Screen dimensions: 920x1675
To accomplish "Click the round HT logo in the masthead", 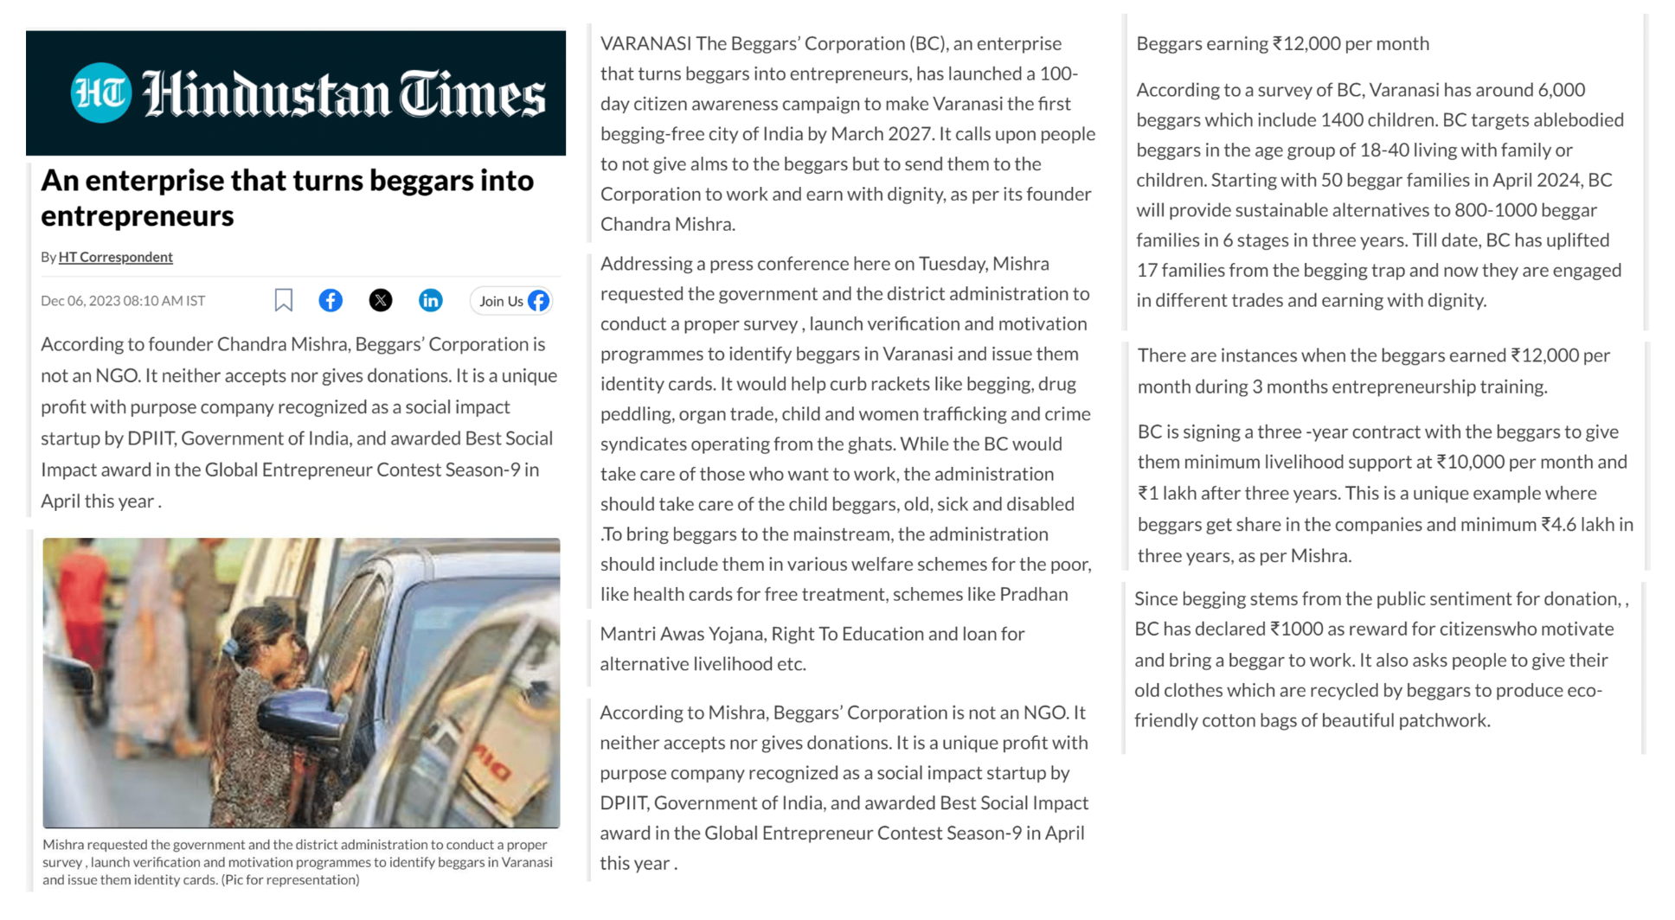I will pyautogui.click(x=100, y=93).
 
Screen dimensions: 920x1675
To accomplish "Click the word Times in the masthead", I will pyautogui.click(x=472, y=94).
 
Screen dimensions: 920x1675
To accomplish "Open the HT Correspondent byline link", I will pyautogui.click(x=116, y=257).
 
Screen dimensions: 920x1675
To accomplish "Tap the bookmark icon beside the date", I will pyautogui.click(x=283, y=300).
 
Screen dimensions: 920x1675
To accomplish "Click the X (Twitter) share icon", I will pyautogui.click(x=381, y=300).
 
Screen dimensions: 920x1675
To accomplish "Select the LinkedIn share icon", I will pyautogui.click(x=430, y=300).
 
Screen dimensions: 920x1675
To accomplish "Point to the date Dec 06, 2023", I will pyautogui.click(x=80, y=301).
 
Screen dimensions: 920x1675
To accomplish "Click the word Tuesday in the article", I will pyautogui.click(x=953, y=264).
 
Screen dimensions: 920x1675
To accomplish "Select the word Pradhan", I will pyautogui.click(x=1034, y=594).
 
